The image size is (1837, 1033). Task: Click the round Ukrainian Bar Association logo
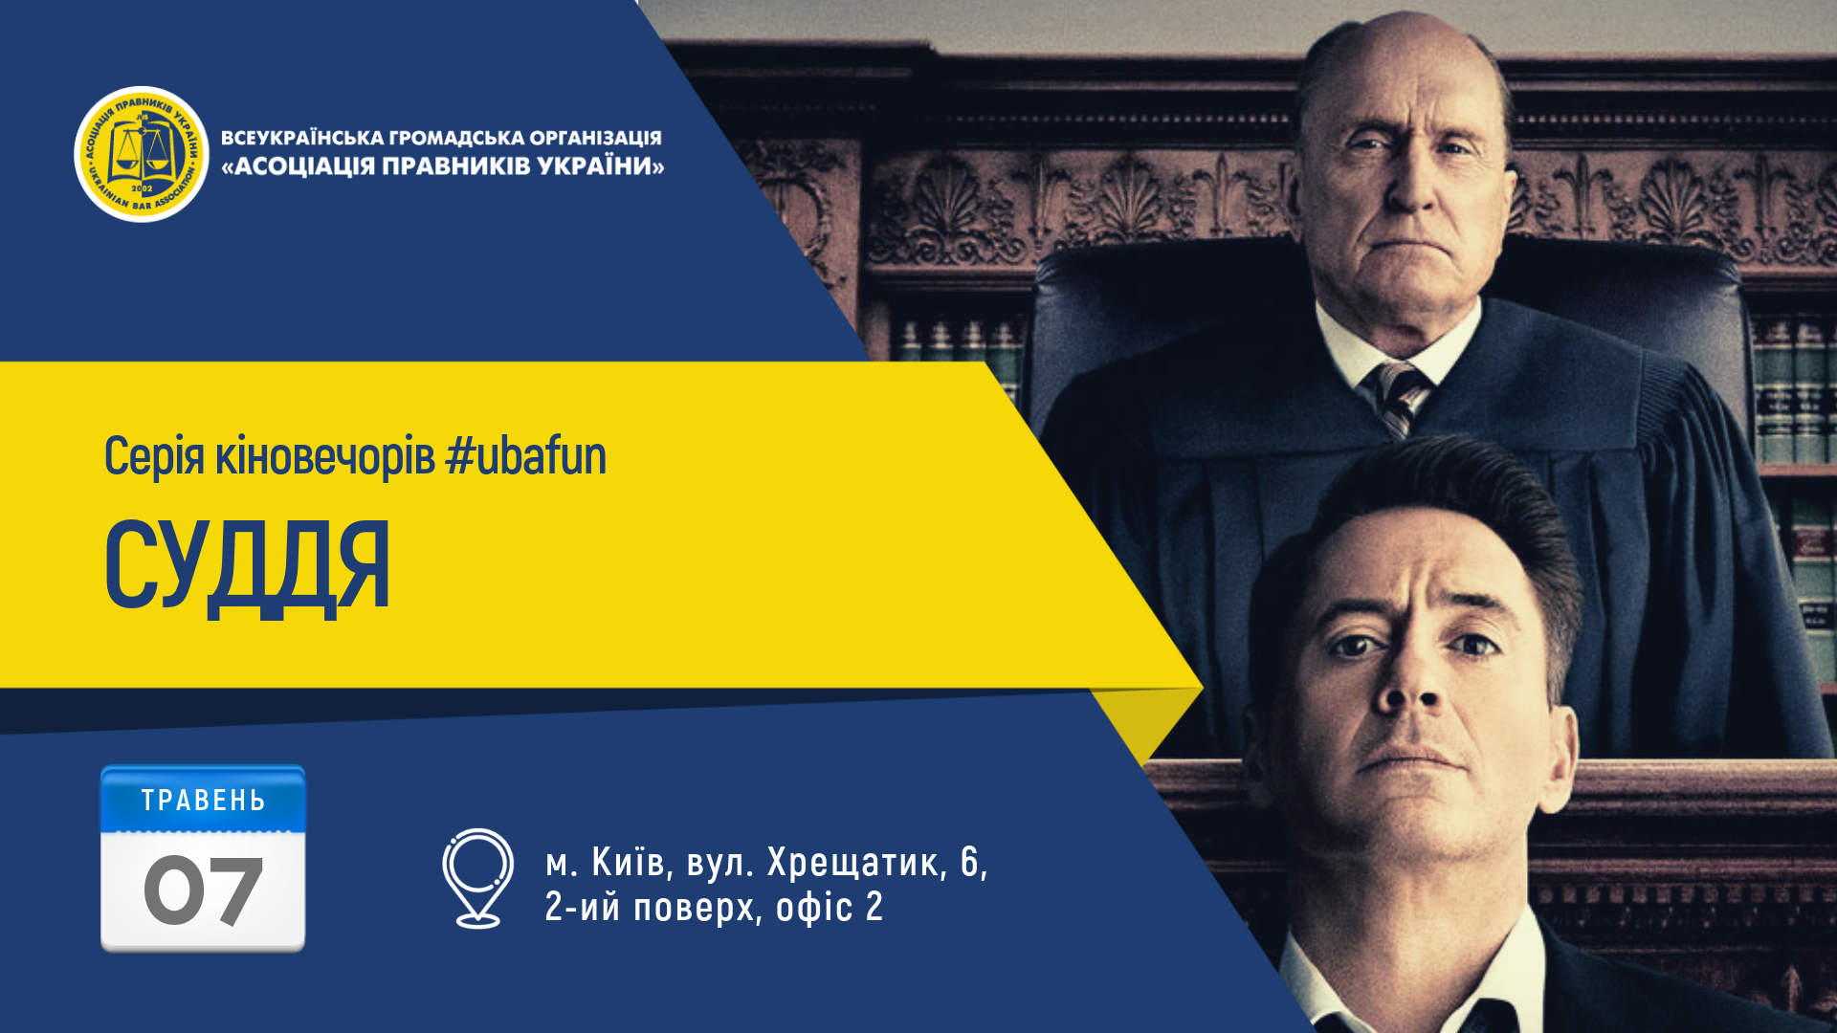(142, 154)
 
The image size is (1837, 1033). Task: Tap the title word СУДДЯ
(247, 566)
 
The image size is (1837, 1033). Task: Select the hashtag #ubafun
(526, 455)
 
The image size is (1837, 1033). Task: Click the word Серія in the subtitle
(154, 455)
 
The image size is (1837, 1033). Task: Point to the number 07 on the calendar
(203, 890)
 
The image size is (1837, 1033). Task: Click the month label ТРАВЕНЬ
(204, 801)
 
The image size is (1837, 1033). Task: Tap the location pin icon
(477, 878)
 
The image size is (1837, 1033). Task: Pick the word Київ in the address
(629, 862)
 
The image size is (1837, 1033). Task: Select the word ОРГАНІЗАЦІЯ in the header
(595, 138)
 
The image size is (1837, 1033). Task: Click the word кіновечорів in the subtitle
(325, 455)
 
